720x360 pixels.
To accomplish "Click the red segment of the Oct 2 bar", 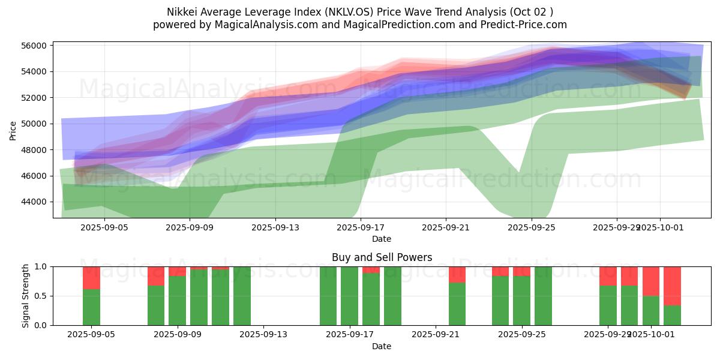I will (672, 286).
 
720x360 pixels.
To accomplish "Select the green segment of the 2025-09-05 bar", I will (91, 307).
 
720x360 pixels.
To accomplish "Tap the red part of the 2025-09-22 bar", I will (457, 274).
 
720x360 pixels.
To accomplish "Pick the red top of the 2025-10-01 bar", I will (651, 281).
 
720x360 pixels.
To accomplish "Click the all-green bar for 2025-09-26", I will (543, 296).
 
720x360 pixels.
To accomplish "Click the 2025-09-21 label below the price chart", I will (445, 228).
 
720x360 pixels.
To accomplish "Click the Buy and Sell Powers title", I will (382, 257).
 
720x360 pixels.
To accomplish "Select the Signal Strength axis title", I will (25, 296).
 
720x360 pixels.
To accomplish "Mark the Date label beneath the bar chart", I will (382, 346).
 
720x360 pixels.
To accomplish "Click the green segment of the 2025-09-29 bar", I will (608, 305).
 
